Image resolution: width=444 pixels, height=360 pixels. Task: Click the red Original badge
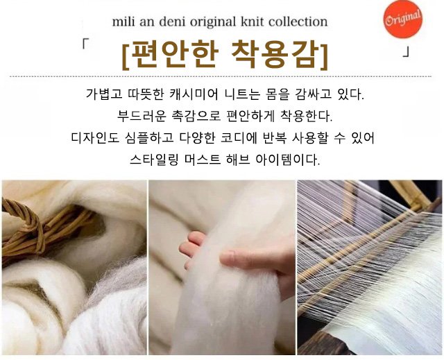(x=403, y=19)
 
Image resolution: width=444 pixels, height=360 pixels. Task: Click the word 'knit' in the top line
(x=253, y=22)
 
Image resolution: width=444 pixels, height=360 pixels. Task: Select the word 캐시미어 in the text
(x=194, y=94)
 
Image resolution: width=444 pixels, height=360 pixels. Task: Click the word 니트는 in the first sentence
(x=242, y=94)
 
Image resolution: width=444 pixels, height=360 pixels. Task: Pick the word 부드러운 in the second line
(x=141, y=116)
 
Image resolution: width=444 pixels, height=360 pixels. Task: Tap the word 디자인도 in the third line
(x=95, y=138)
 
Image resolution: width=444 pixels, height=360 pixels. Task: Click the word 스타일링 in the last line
(x=154, y=160)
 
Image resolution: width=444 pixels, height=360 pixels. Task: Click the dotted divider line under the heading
(x=221, y=76)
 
